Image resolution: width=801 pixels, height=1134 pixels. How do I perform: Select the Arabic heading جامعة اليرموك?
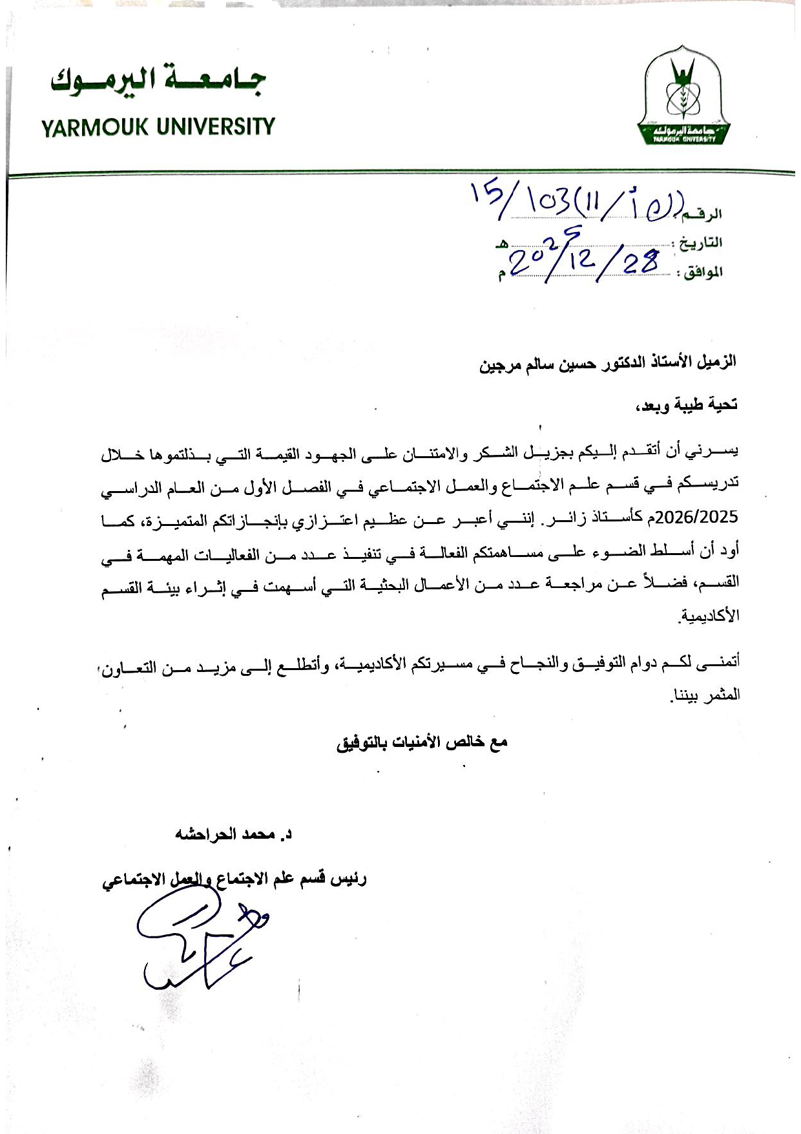click(158, 83)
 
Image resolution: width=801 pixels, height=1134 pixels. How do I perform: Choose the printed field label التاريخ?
click(699, 243)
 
